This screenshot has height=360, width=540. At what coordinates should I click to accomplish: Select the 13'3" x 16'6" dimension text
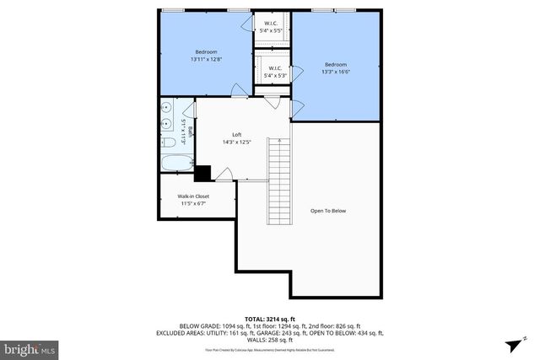(336, 73)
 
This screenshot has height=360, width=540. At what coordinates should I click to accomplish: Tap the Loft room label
(238, 135)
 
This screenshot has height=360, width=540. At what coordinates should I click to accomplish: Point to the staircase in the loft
(278, 182)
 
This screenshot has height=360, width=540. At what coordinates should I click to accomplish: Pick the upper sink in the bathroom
(166, 108)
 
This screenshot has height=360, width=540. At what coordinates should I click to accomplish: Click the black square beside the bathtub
(202, 174)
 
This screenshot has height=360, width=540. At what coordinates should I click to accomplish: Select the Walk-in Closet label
(193, 196)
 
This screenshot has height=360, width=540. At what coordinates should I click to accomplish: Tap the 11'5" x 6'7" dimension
(193, 203)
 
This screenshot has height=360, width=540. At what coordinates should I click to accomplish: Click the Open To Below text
(328, 211)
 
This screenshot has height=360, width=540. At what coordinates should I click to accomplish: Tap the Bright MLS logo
(29, 347)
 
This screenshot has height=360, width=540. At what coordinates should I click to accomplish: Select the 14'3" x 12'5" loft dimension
(238, 142)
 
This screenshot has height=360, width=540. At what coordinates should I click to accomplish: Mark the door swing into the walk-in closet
(224, 175)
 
